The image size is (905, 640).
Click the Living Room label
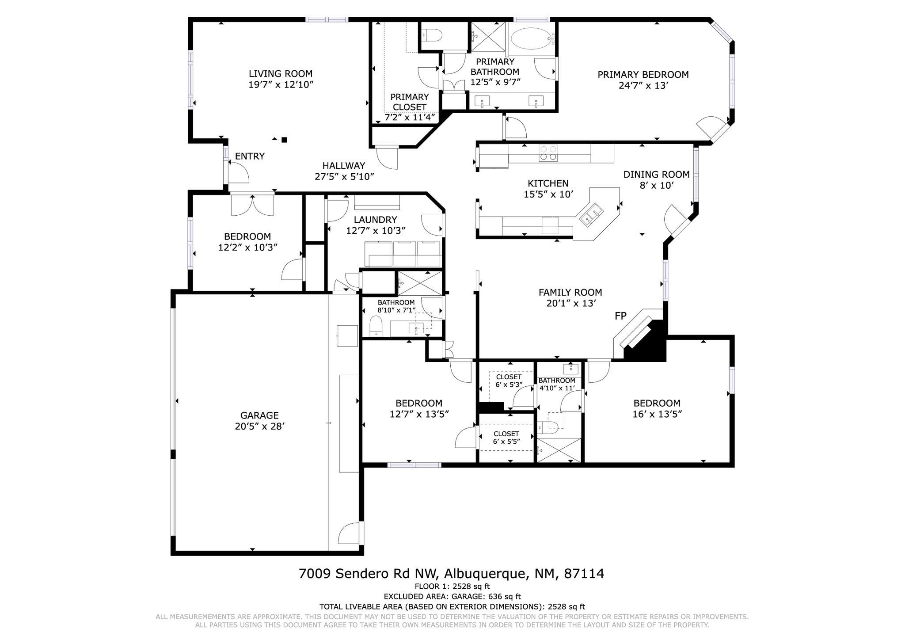[x=281, y=74]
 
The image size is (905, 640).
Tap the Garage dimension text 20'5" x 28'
[x=259, y=427]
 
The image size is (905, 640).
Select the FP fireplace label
[x=620, y=316]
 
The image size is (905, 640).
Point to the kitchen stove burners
[x=548, y=153]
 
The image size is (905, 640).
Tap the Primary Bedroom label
[x=643, y=75]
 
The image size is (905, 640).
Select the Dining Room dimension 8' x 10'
[x=656, y=186]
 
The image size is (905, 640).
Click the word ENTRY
[x=250, y=156]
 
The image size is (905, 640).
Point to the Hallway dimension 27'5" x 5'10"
[x=344, y=177]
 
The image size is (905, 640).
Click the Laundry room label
[x=376, y=220]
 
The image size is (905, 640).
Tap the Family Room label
[x=570, y=292]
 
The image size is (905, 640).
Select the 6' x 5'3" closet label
[x=509, y=385]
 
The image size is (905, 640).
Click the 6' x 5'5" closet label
[x=506, y=442]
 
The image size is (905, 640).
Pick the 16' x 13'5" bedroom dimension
[x=657, y=414]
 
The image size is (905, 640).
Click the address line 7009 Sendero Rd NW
[x=368, y=574]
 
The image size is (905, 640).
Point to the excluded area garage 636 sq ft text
[x=452, y=596]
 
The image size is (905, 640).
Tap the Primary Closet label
[x=410, y=102]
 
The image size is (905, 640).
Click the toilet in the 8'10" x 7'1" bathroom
[x=376, y=326]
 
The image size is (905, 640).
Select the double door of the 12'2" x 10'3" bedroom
[x=252, y=205]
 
